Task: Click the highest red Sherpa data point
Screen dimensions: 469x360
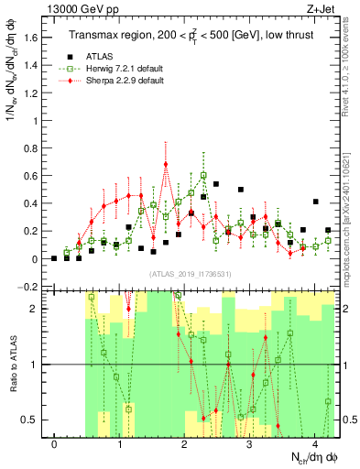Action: [x=166, y=165]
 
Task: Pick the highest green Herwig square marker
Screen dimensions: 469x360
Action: [x=203, y=175]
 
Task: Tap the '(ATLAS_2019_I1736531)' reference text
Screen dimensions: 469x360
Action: [x=191, y=274]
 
